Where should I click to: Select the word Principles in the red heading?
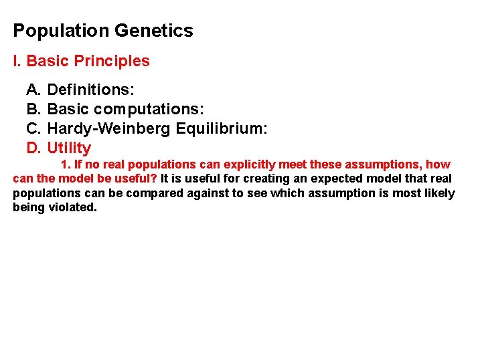point(112,62)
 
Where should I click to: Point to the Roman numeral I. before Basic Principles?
point(17,62)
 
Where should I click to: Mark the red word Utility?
point(69,148)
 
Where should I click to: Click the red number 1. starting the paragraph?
point(66,164)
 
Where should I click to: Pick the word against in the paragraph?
point(204,194)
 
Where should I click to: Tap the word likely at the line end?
point(438,194)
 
